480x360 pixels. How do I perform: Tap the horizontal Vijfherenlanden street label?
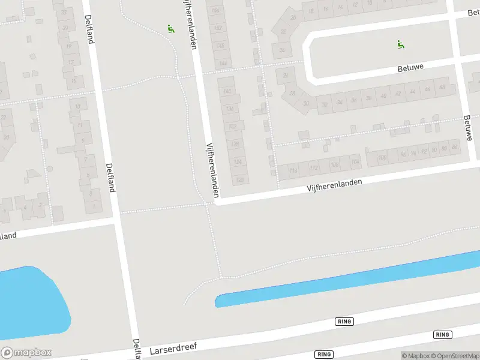335,185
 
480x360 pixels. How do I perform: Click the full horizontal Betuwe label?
410,68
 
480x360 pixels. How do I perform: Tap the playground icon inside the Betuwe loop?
401,44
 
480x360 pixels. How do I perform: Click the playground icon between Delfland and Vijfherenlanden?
171,28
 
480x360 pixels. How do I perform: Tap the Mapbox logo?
26,352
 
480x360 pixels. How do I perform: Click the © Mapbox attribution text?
416,356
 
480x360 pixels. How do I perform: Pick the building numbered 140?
227,91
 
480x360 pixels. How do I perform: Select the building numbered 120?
240,179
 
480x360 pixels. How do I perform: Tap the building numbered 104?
355,161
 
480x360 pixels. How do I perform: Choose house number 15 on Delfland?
74,79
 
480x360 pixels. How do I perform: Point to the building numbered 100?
382,158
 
